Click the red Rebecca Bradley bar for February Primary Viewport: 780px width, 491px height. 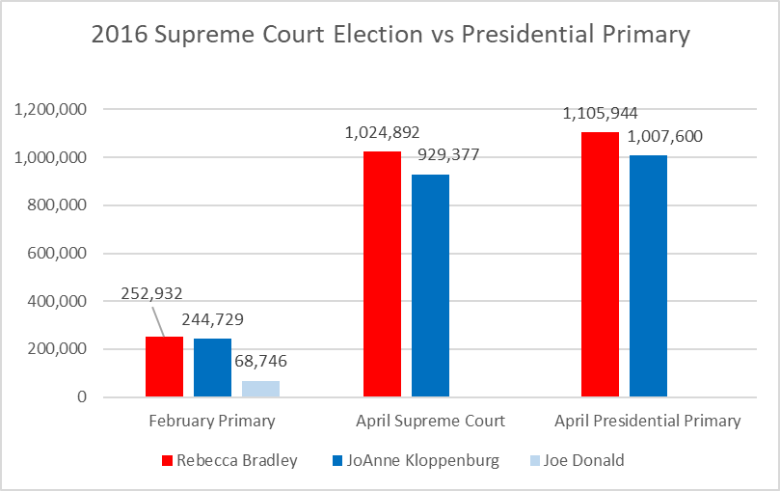point(164,367)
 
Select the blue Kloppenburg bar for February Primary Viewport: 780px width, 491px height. point(212,368)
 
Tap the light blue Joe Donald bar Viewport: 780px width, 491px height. point(260,389)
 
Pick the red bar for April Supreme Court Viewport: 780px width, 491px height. point(382,274)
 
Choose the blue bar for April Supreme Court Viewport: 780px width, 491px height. point(430,286)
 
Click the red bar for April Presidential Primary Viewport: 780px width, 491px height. point(600,264)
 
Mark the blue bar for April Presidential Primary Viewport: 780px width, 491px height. point(648,276)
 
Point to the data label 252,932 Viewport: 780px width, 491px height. point(151,293)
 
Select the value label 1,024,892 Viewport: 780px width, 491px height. point(382,132)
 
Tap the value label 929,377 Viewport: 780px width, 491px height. point(447,154)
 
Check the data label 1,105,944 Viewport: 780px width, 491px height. point(600,113)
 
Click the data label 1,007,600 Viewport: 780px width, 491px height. point(665,136)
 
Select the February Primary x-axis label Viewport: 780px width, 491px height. point(212,421)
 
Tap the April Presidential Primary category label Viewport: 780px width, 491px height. point(648,421)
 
